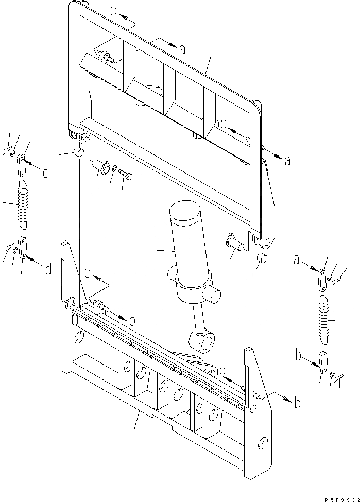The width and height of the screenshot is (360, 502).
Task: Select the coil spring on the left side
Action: (x=24, y=205)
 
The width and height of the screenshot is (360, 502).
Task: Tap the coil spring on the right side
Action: (x=323, y=321)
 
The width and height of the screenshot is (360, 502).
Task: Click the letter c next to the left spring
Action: (x=45, y=173)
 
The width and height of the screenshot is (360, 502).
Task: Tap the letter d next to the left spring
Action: (x=47, y=269)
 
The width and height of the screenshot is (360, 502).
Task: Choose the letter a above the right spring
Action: (x=297, y=261)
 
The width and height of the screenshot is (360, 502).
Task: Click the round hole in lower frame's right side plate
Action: (x=263, y=442)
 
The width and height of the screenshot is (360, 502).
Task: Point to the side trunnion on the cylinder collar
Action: (x=213, y=296)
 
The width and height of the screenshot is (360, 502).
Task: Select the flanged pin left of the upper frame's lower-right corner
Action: (x=234, y=240)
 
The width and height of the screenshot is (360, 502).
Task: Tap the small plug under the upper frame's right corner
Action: (x=262, y=257)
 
